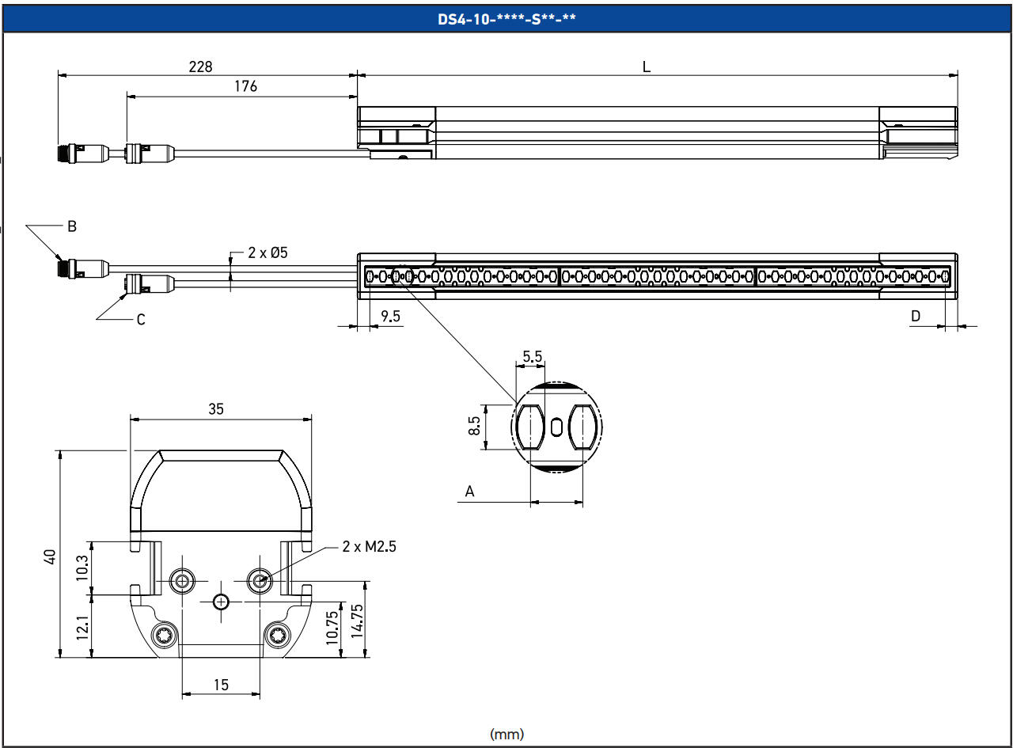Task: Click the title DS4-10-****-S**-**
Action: tap(506, 20)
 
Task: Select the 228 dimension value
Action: tap(200, 67)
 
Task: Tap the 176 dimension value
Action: tap(246, 86)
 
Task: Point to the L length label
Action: tap(647, 67)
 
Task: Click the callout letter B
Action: tap(72, 226)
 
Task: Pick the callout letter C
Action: tap(140, 320)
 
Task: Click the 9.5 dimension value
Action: tap(391, 316)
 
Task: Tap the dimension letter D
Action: tap(916, 316)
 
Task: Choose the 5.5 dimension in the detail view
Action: tap(533, 356)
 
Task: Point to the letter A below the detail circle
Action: tap(469, 492)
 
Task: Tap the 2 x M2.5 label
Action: tap(370, 546)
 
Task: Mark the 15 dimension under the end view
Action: tap(221, 685)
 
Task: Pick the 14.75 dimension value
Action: tap(356, 621)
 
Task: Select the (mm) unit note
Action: tap(507, 734)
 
